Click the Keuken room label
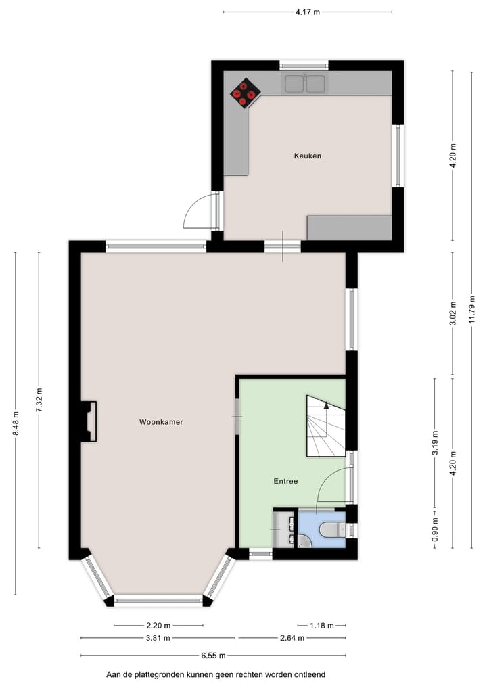click(307, 156)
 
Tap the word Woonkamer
click(161, 422)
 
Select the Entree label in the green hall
click(285, 482)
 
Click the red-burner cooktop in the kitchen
click(245, 93)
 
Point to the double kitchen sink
click(306, 84)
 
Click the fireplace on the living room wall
click(89, 421)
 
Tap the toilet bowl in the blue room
click(331, 528)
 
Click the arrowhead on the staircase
click(326, 406)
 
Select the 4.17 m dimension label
click(308, 12)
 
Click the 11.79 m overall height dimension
click(472, 310)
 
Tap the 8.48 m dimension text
click(16, 423)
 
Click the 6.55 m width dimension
click(213, 656)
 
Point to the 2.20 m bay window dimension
click(158, 626)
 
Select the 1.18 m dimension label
click(321, 626)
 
